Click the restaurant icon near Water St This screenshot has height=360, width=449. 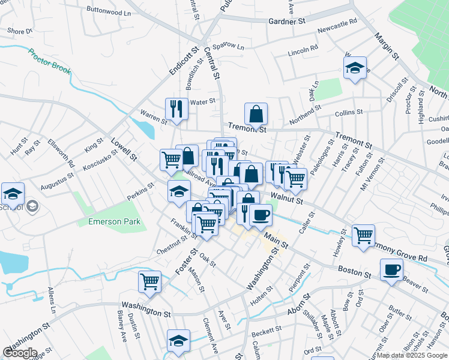(x=176, y=108)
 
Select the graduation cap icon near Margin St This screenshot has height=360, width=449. (x=355, y=67)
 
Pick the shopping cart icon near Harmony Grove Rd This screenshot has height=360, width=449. (x=363, y=235)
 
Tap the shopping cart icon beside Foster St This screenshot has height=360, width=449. (x=149, y=281)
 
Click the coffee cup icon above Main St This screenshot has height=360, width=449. (x=261, y=215)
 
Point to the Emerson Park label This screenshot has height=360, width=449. (x=114, y=221)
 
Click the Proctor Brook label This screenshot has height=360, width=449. (x=49, y=61)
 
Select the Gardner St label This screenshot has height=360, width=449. (x=287, y=21)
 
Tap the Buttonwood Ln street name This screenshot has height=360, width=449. (x=108, y=11)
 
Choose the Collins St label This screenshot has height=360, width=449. (x=349, y=112)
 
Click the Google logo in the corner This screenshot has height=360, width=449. (x=19, y=353)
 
